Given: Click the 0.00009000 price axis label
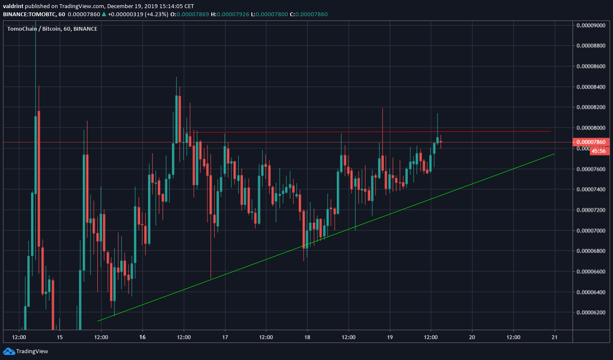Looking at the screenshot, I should pyautogui.click(x=591, y=25).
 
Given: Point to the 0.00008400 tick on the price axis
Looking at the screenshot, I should pyautogui.click(x=591, y=87).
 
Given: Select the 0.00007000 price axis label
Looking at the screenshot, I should pyautogui.click(x=591, y=231).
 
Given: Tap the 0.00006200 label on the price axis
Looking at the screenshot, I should pyautogui.click(x=591, y=313).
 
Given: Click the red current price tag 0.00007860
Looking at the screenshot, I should pyautogui.click(x=591, y=142).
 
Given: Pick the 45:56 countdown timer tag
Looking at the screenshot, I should pyautogui.click(x=598, y=151).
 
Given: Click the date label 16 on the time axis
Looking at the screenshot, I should pyautogui.click(x=142, y=337).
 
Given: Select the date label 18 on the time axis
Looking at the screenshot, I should pyautogui.click(x=307, y=337).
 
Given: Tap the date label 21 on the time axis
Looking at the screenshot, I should pyautogui.click(x=555, y=337).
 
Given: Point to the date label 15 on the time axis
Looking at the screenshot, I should pyautogui.click(x=60, y=337).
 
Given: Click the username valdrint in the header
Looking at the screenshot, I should pyautogui.click(x=13, y=6).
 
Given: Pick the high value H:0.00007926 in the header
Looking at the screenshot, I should pyautogui.click(x=230, y=14).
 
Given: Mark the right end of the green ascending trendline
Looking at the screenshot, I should pyautogui.click(x=554, y=154).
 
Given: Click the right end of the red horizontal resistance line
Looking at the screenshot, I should pyautogui.click(x=551, y=131).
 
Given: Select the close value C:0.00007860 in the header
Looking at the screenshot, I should pyautogui.click(x=309, y=14).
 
